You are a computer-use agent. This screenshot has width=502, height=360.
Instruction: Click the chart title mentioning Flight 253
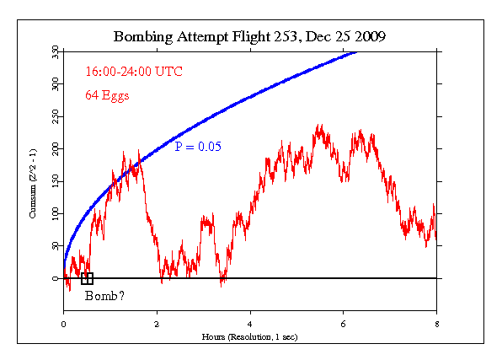pyautogui.click(x=249, y=37)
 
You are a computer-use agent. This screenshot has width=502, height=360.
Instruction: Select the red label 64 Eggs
pyautogui.click(x=107, y=95)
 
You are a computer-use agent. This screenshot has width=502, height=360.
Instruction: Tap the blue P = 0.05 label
pyautogui.click(x=198, y=147)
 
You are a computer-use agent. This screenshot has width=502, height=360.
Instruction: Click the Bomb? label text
pyautogui.click(x=101, y=296)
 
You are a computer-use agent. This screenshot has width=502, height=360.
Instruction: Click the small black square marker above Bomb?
pyautogui.click(x=87, y=278)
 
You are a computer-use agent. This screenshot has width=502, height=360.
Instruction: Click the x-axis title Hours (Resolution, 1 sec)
pyautogui.click(x=249, y=336)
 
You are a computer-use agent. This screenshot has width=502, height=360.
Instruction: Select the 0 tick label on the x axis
pyautogui.click(x=63, y=324)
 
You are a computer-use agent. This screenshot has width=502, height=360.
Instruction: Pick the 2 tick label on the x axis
pyautogui.click(x=157, y=324)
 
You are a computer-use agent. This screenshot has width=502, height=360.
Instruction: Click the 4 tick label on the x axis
pyautogui.click(x=250, y=324)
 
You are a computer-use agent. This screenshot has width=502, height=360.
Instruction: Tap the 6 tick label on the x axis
pyautogui.click(x=343, y=324)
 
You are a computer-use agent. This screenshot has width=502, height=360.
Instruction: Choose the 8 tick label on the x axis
pyautogui.click(x=435, y=324)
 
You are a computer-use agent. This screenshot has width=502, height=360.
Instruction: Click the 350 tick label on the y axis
pyautogui.click(x=55, y=52)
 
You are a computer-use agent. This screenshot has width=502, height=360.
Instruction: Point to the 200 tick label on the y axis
pyautogui.click(x=55, y=149)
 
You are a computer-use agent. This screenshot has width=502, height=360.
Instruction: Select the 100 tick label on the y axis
pyautogui.click(x=55, y=214)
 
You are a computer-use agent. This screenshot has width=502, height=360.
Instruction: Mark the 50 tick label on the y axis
pyautogui.click(x=55, y=246)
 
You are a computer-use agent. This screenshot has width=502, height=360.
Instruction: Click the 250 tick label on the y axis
pyautogui.click(x=55, y=117)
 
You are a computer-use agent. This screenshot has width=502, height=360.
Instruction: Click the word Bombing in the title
pyautogui.click(x=141, y=38)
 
